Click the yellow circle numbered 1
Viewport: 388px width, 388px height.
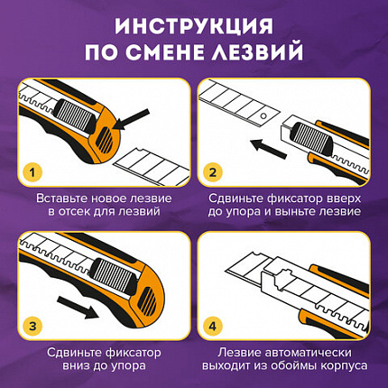coord(32,170)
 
